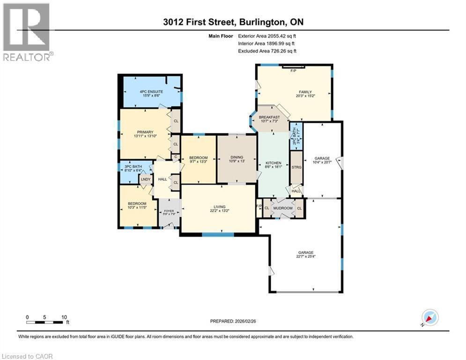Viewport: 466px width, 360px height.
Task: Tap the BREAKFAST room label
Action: pyautogui.click(x=269, y=117)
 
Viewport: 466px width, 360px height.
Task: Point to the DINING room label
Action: pyautogui.click(x=237, y=157)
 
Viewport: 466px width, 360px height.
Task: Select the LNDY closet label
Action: pyautogui.click(x=145, y=179)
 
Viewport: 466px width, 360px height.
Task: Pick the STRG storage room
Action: pyautogui.click(x=296, y=167)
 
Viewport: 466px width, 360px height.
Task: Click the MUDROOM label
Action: pyautogui.click(x=283, y=208)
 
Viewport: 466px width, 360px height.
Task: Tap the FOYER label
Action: pyautogui.click(x=169, y=210)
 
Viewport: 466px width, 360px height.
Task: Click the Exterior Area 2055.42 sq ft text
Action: pyautogui.click(x=267, y=36)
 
